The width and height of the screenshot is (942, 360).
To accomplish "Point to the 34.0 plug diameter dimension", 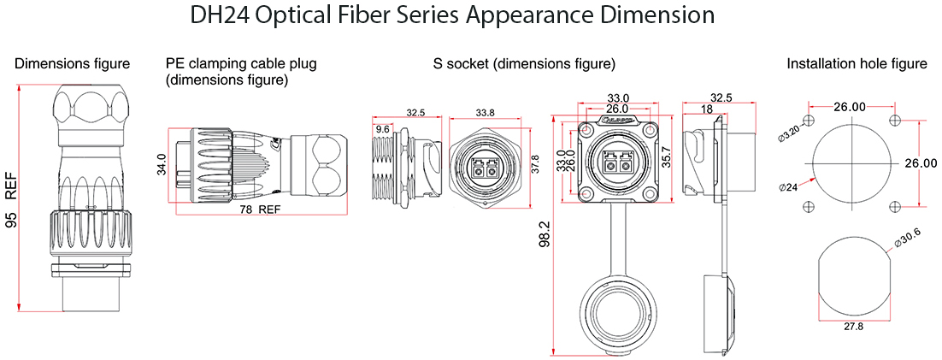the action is pos(161,165).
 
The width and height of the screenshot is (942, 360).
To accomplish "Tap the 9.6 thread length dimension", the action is pos(382,128).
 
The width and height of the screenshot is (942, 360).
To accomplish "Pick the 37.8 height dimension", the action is pos(536,164).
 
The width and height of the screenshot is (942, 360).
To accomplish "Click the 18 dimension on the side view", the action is pos(706,109).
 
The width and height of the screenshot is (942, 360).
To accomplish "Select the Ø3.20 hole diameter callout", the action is pos(787,133).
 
